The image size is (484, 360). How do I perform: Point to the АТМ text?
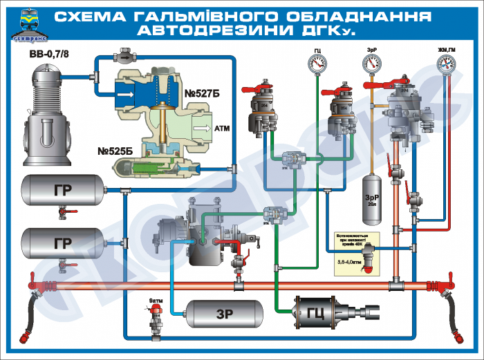222,129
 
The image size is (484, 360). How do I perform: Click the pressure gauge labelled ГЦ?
317,64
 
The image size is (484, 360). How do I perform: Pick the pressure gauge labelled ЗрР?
373,64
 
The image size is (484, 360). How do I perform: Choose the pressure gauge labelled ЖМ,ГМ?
447,64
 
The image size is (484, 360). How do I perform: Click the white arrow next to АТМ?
201,129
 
